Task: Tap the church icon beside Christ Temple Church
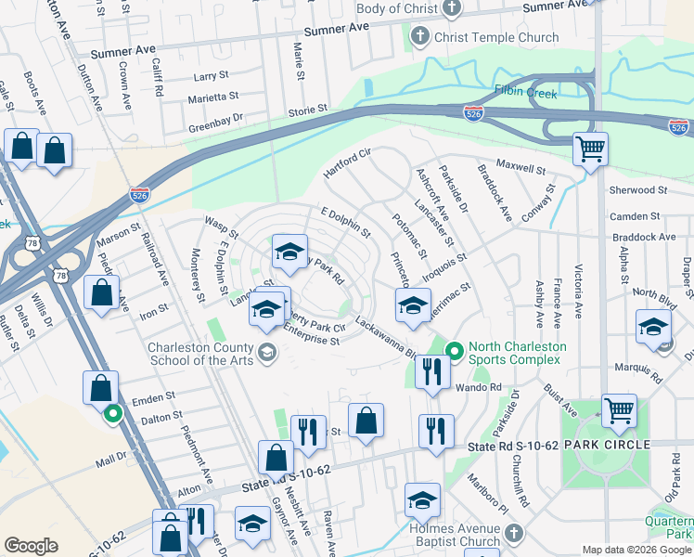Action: tap(419, 38)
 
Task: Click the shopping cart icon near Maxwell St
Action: tap(589, 149)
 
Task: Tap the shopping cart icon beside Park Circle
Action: tap(619, 409)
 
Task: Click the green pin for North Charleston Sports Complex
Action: tap(454, 351)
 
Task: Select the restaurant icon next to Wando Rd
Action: tap(432, 372)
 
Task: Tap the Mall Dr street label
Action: tap(110, 458)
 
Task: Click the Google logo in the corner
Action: tap(31, 546)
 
